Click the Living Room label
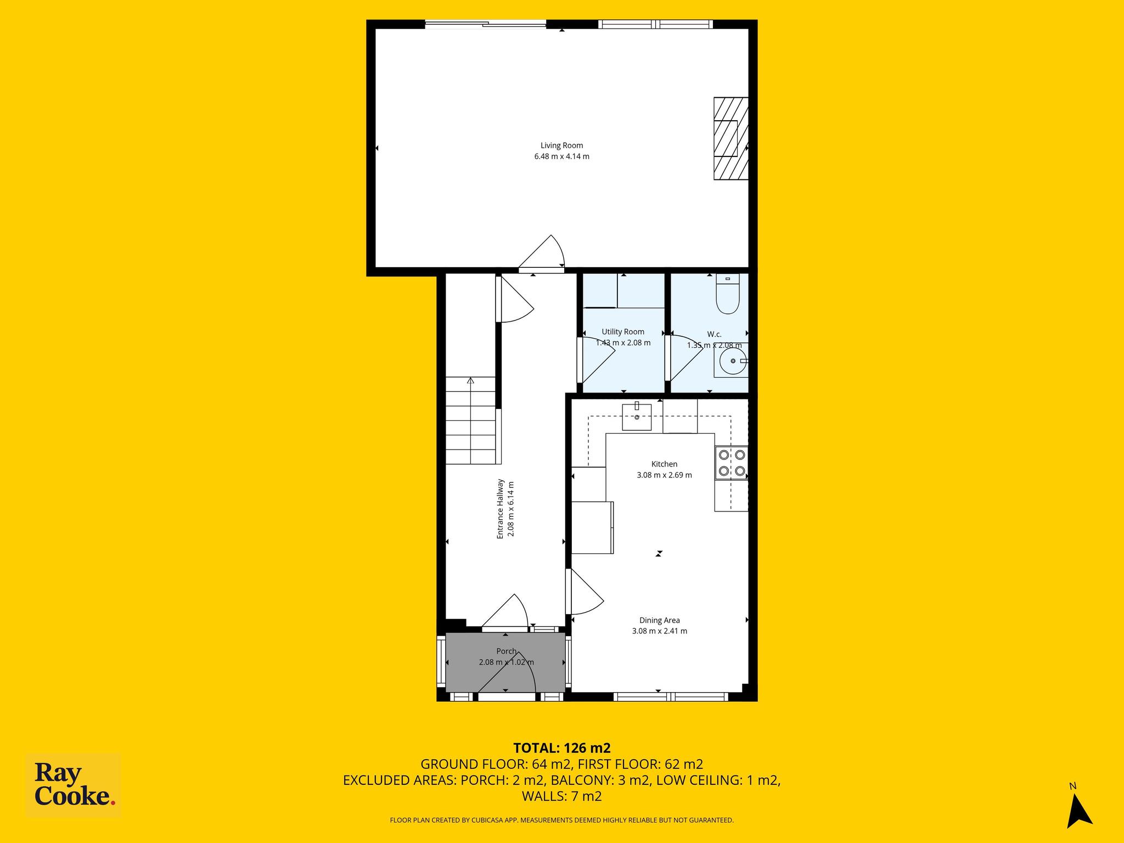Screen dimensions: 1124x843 pos(561,145)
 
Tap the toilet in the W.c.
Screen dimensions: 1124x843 pos(728,294)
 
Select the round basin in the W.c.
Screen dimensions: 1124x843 pos(732,362)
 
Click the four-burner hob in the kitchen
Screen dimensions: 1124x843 pos(732,463)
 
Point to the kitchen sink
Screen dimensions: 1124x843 pos(637,417)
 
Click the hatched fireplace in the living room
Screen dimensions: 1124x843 pos(731,138)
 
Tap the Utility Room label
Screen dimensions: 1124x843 pos(623,331)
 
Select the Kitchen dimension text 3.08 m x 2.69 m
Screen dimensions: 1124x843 pos(664,475)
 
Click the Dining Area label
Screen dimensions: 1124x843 pos(660,620)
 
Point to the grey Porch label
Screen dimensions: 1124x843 pos(506,651)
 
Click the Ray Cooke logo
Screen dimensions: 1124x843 pos(74,785)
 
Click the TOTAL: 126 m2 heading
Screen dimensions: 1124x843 pos(562,748)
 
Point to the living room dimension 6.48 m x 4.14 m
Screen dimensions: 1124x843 pos(562,156)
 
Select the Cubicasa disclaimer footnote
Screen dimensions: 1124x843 pos(561,820)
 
